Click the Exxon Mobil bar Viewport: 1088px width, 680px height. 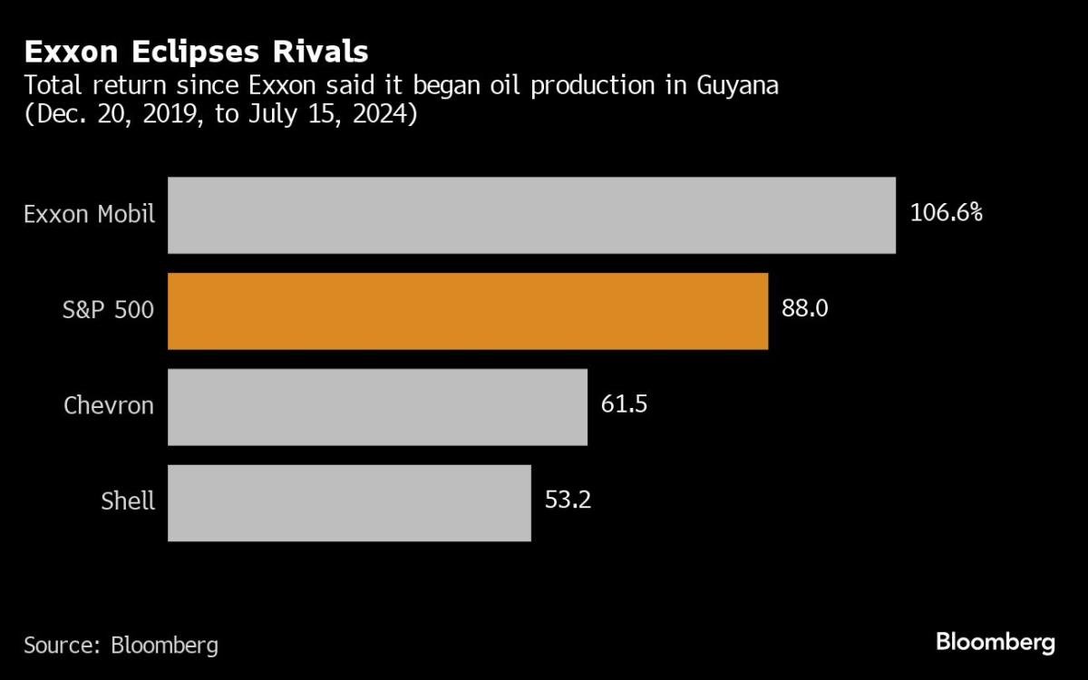tap(531, 215)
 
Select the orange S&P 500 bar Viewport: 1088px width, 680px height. tap(468, 311)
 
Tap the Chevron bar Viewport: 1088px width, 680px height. tap(377, 407)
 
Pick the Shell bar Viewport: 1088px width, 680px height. tap(349, 503)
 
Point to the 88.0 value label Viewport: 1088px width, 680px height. tap(804, 309)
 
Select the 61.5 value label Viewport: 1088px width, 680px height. tap(624, 404)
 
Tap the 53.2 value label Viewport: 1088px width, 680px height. tap(568, 500)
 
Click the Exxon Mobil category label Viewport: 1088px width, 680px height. tap(89, 215)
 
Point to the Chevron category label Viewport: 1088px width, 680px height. tap(108, 405)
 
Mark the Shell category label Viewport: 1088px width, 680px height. tap(128, 500)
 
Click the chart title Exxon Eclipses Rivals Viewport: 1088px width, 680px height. tap(196, 51)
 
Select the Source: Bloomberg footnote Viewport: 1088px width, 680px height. tap(121, 646)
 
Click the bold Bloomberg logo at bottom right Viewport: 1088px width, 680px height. tap(995, 643)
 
